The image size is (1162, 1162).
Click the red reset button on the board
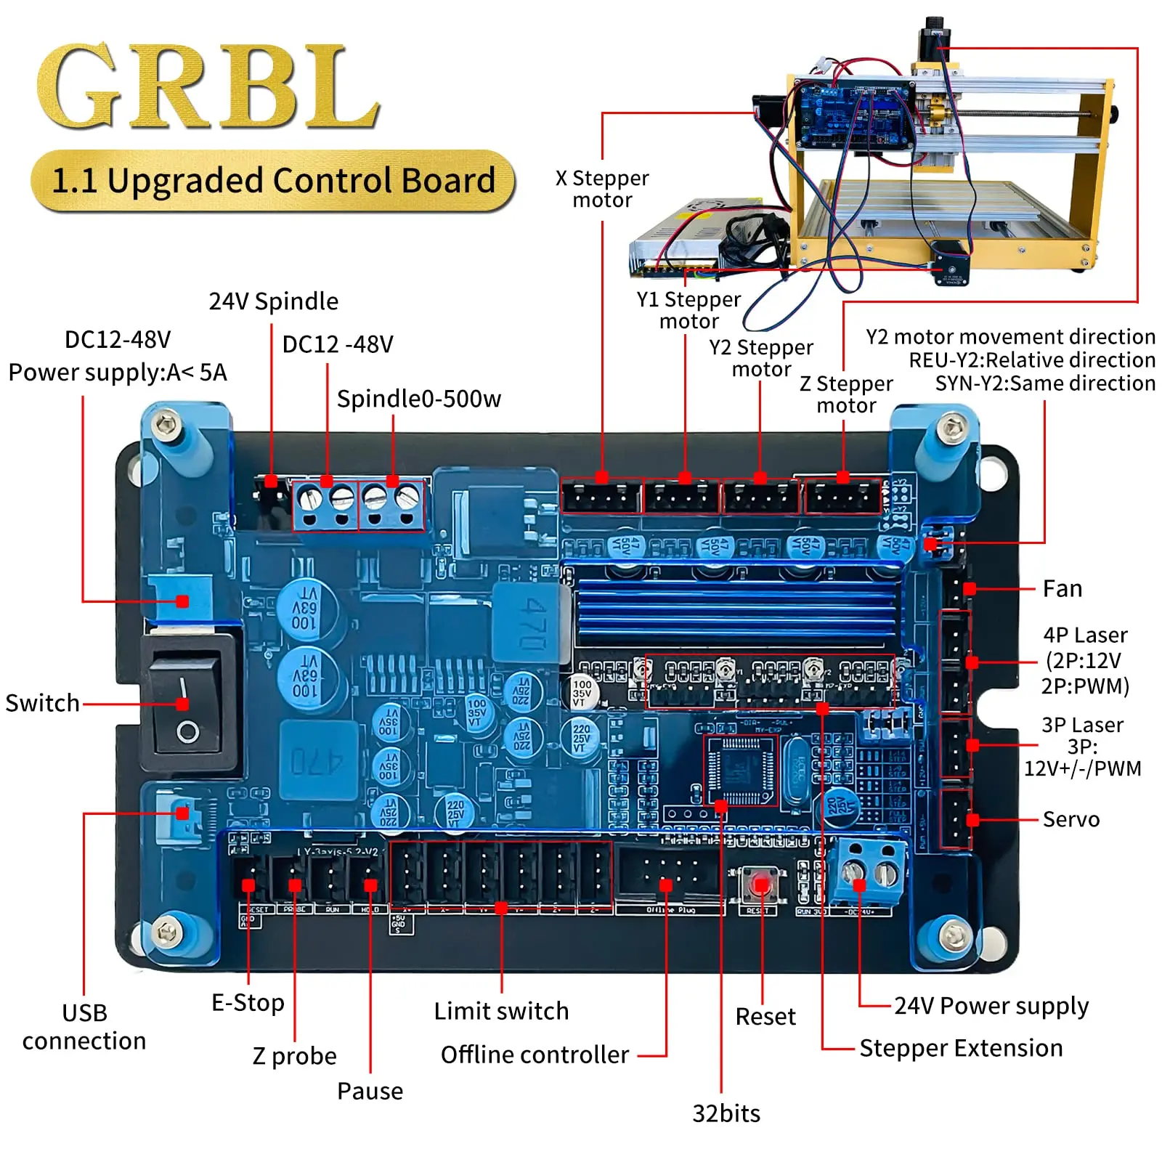pos(760,885)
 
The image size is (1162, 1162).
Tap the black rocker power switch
pos(187,704)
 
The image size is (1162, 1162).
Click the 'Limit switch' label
pos(501,1011)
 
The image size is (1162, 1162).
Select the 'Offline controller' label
pos(535,1055)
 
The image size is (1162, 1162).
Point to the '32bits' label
pos(726,1113)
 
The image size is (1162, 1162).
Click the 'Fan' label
pos(1062,588)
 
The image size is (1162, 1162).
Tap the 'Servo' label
pos(1070,819)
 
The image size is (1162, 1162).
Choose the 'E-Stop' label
pos(248,1003)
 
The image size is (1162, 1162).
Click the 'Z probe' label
pos(294,1056)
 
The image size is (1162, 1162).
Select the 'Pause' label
pos(370,1091)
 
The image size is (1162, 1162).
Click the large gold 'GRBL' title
pos(208,86)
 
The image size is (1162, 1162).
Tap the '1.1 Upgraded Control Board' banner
pos(273,181)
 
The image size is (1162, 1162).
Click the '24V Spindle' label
pos(273,301)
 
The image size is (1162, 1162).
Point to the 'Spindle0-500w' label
pos(418,399)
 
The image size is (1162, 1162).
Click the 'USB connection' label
pos(84,1027)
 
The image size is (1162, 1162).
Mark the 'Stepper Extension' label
pos(960,1048)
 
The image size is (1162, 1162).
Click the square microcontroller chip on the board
pos(741,771)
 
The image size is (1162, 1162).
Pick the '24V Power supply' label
pos(991,1006)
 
